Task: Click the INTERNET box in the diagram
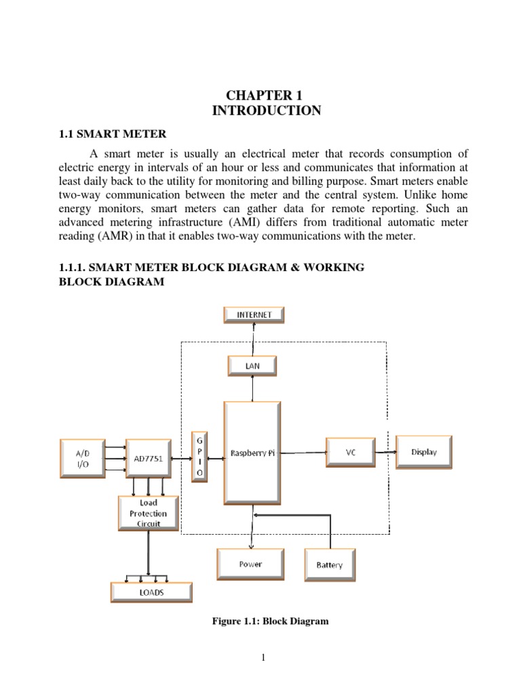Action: [x=254, y=314]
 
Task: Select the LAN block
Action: [x=252, y=366]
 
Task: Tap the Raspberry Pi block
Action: [x=252, y=452]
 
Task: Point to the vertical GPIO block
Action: [x=199, y=456]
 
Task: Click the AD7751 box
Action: [x=148, y=457]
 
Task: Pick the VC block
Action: [x=350, y=452]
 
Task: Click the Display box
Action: [x=424, y=452]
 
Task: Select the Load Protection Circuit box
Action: [x=149, y=514]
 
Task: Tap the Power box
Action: [x=250, y=564]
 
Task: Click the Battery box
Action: [x=330, y=565]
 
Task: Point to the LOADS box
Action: [x=151, y=592]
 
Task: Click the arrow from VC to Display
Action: [x=385, y=452]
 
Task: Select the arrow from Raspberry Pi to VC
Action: [x=303, y=452]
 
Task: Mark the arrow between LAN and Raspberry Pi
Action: [x=252, y=388]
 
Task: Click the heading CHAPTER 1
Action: [x=266, y=96]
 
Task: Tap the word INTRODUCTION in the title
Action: [x=267, y=111]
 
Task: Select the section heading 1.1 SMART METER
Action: [x=112, y=134]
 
